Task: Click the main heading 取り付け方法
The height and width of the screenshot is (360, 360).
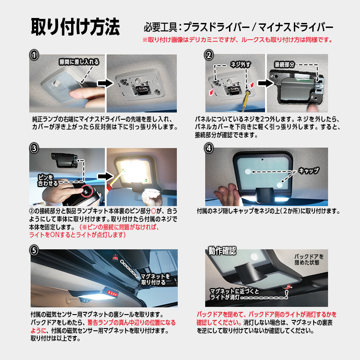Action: click(x=75, y=27)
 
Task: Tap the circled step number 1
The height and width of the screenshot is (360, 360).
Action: click(x=34, y=55)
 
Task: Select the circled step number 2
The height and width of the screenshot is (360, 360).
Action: click(x=208, y=55)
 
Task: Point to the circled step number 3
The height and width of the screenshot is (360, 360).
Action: click(x=34, y=148)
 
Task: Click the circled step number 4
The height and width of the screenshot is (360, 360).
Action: click(x=208, y=148)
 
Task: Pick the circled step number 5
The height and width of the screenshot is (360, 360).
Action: click(x=34, y=249)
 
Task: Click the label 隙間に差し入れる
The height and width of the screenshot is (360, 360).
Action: click(x=79, y=62)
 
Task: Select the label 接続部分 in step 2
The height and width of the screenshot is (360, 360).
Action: click(x=284, y=64)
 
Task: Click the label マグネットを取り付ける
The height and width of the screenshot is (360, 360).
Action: click(x=156, y=279)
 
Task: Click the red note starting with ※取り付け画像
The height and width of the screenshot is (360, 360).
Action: click(x=237, y=40)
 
